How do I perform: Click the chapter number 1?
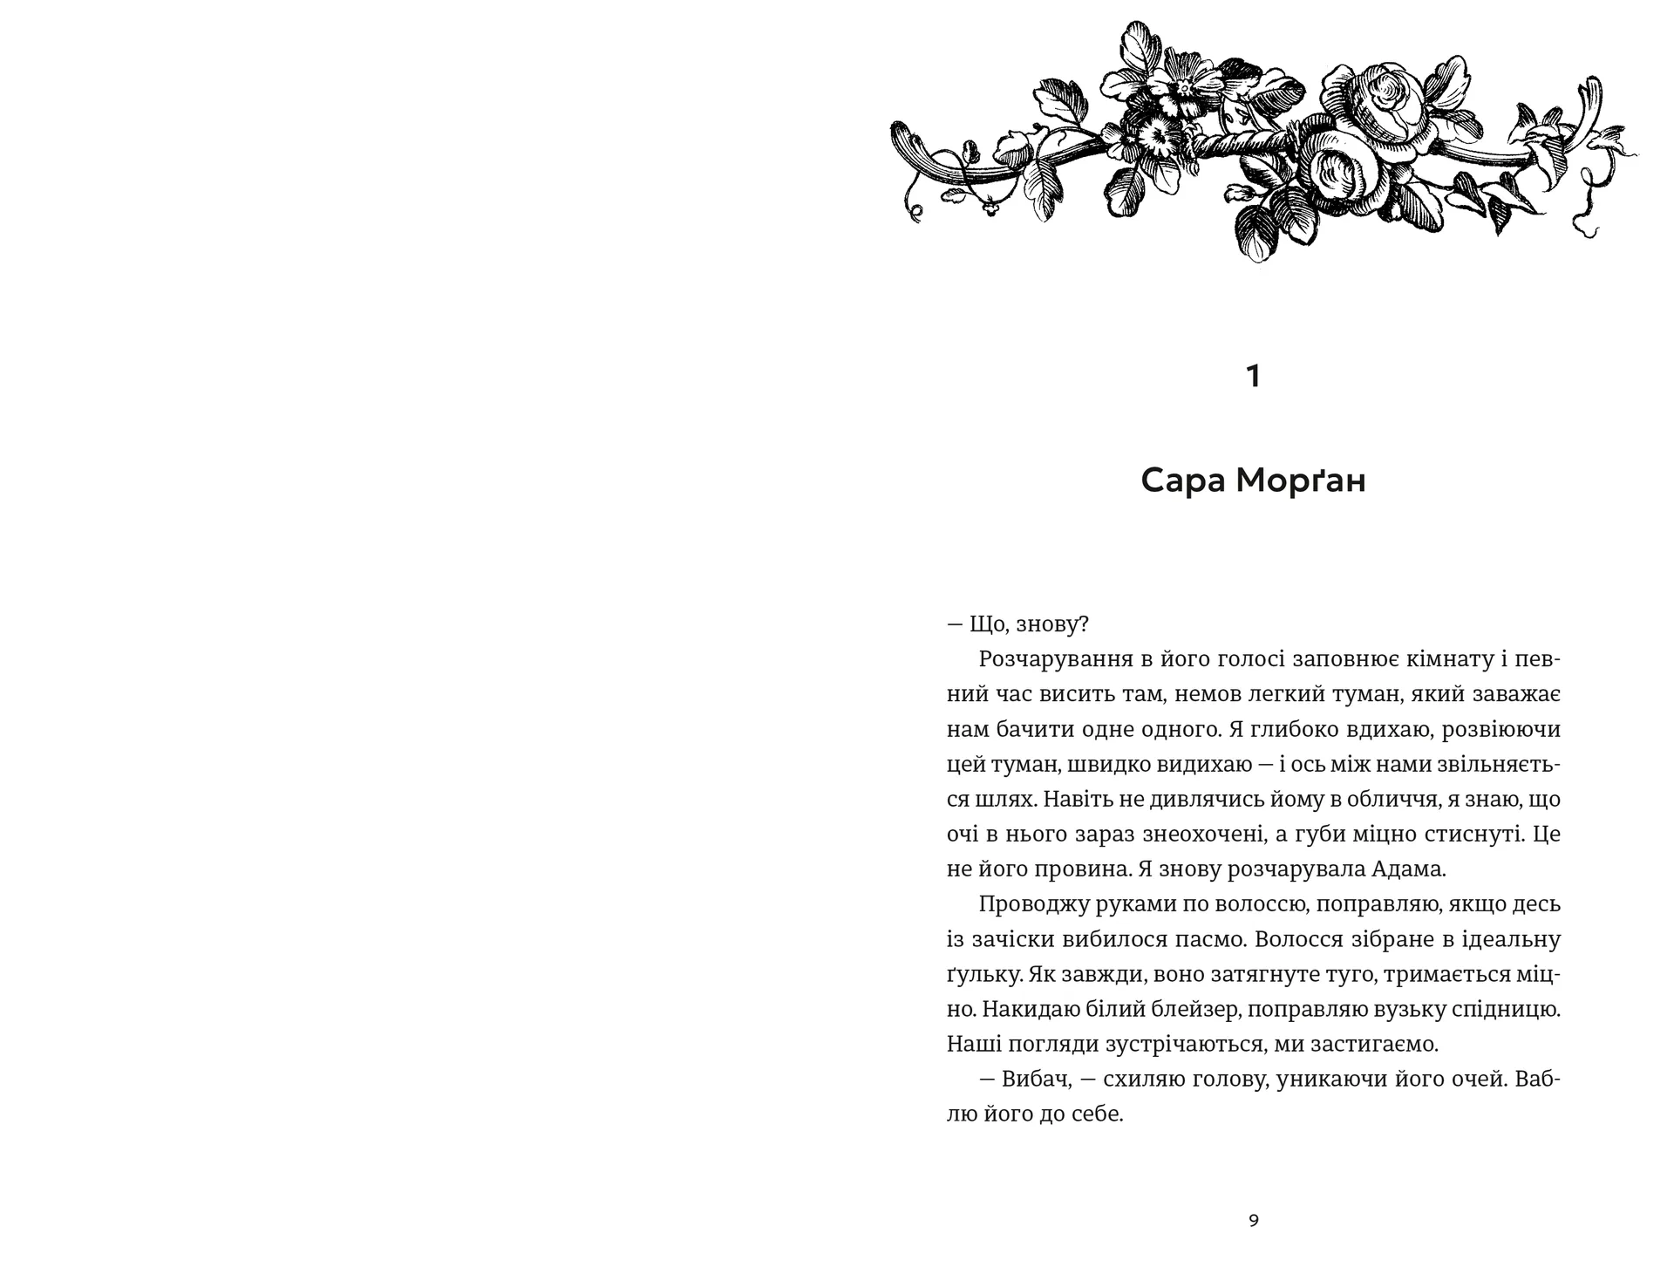tap(1254, 377)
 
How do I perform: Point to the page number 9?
tap(1254, 1221)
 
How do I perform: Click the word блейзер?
tap(1194, 1010)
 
